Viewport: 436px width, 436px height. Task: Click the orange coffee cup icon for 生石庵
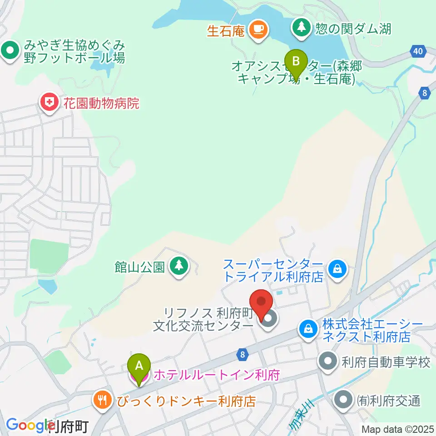259,30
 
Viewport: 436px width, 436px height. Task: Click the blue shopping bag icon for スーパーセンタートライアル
338,269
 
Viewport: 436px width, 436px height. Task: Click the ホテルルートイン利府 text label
216,375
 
